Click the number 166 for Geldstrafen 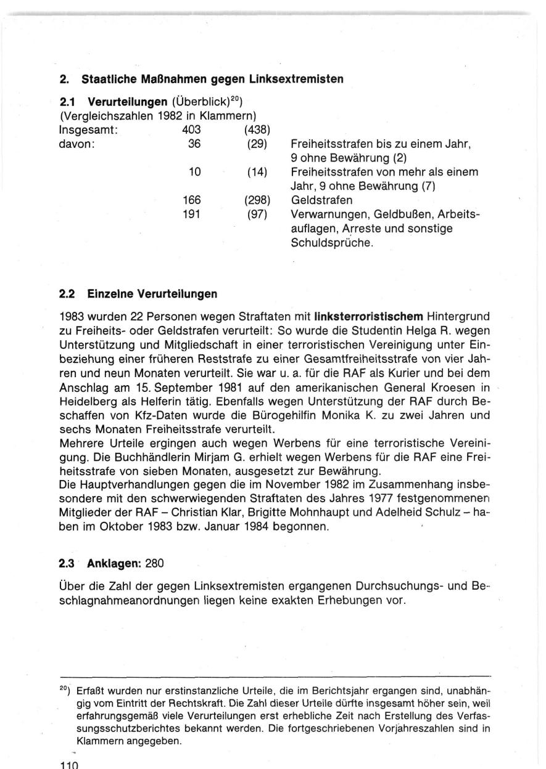[x=191, y=200]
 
